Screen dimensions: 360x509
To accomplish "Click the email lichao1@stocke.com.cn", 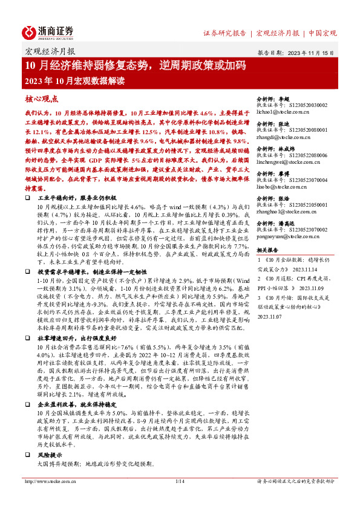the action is tap(283, 113).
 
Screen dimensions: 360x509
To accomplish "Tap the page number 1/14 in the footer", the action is tap(179, 481).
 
